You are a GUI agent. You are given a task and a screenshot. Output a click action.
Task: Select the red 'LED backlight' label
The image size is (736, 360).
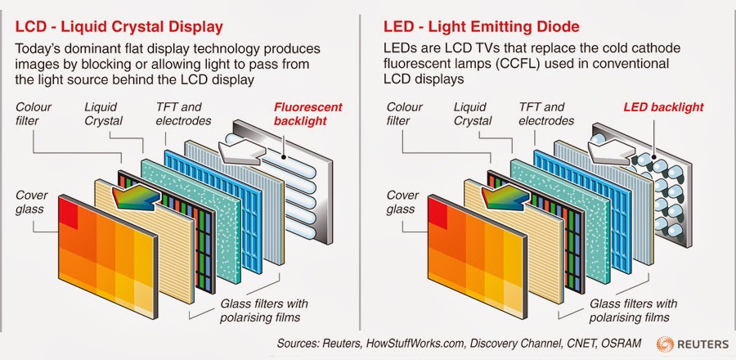pyautogui.click(x=663, y=107)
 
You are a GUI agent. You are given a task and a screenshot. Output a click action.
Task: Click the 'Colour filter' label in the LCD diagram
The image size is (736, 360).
pyautogui.click(x=33, y=114)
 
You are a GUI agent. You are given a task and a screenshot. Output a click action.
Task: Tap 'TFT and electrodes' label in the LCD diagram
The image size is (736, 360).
pyautogui.click(x=184, y=114)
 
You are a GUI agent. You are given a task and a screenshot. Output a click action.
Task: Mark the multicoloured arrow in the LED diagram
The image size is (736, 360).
pyautogui.click(x=502, y=196)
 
